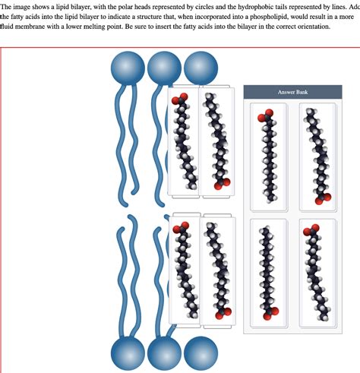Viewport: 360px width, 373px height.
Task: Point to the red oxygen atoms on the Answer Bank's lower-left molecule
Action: (x=267, y=310)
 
